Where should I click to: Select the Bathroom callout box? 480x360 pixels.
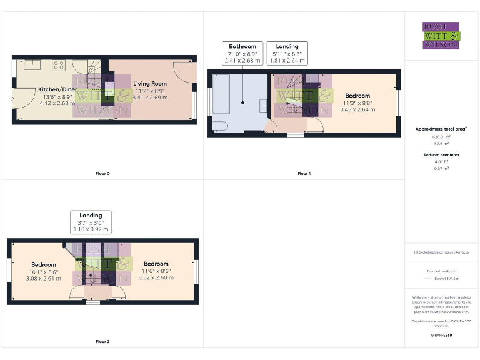click(x=242, y=53)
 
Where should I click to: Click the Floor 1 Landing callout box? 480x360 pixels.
click(x=287, y=53)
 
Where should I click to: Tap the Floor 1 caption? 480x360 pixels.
click(x=304, y=173)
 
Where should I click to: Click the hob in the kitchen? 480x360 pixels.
click(x=59, y=64)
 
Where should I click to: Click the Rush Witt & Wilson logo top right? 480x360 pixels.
click(x=441, y=36)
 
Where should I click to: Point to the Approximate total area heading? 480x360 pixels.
click(x=441, y=129)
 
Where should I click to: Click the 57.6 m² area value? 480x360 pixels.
click(x=441, y=142)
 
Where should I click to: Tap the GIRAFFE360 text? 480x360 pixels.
click(x=441, y=336)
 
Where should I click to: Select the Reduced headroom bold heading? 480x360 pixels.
click(x=441, y=154)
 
